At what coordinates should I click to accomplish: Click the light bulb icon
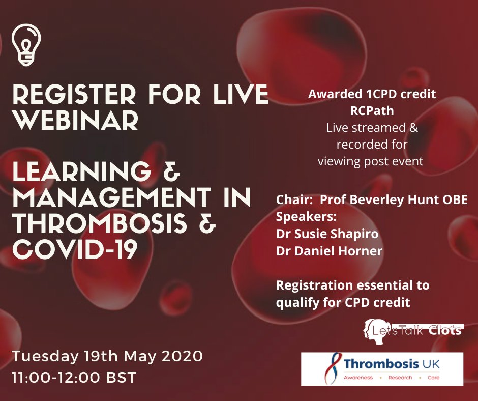point(26,44)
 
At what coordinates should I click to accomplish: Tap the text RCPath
point(372,111)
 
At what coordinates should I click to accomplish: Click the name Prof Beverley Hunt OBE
point(391,200)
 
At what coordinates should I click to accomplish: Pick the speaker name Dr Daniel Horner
point(328,250)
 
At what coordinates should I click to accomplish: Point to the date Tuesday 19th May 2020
point(108,356)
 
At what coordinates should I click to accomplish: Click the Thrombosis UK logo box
point(382,368)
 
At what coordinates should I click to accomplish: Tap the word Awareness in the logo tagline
point(358,378)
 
